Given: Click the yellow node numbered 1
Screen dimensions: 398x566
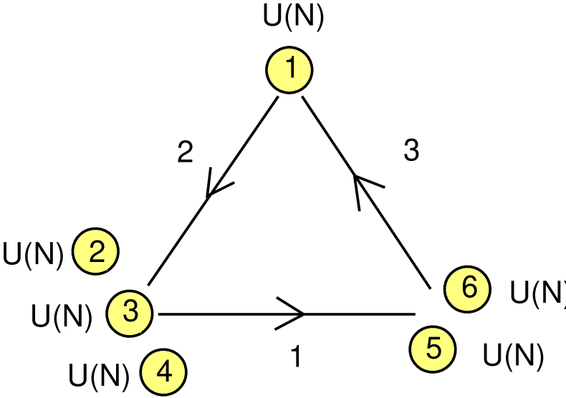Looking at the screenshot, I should point(290,69).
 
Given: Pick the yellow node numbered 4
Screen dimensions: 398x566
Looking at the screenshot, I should point(164,373).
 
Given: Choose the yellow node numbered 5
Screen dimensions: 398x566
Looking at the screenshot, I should point(433,349).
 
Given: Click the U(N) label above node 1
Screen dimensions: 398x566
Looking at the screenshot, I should point(294,19).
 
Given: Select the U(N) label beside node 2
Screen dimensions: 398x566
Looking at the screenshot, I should point(34,254).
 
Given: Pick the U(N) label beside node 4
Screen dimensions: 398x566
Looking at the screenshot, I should point(99,375).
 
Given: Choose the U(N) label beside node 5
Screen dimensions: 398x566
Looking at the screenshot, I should point(512,355).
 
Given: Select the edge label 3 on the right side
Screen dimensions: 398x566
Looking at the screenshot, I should point(411,152).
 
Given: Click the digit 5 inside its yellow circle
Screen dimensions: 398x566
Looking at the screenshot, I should point(433,349).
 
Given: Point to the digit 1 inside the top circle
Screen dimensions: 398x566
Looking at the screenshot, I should point(290,69).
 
